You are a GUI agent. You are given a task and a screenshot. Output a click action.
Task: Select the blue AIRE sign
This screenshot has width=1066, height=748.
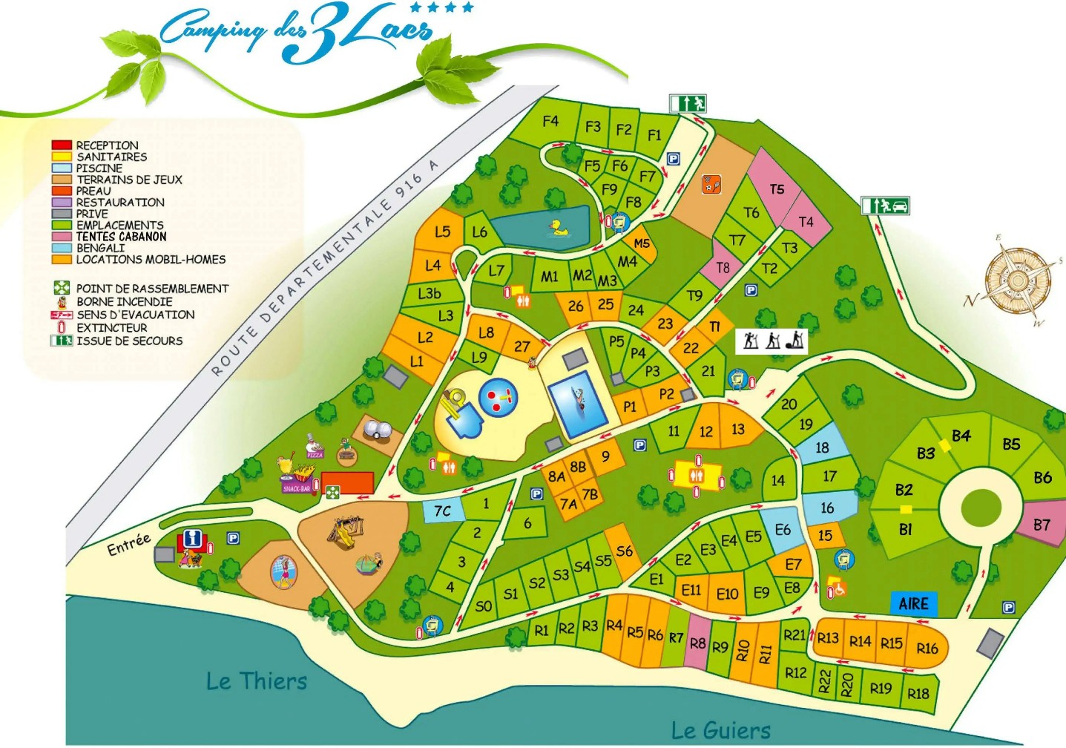tap(913, 603)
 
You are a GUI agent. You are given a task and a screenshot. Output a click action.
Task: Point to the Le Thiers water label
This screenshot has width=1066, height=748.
tap(256, 680)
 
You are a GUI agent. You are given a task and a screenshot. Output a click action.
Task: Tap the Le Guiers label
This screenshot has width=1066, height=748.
tap(720, 730)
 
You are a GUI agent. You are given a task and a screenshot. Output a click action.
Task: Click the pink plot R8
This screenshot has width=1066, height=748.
tap(697, 643)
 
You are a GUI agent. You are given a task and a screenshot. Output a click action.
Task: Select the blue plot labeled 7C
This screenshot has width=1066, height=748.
tap(442, 511)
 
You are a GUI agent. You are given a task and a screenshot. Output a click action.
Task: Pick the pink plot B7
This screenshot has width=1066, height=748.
tap(1042, 525)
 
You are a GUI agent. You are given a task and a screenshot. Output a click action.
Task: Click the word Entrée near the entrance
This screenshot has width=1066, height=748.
tap(128, 544)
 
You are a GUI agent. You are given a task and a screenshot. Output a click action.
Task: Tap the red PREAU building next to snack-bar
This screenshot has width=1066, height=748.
tap(347, 482)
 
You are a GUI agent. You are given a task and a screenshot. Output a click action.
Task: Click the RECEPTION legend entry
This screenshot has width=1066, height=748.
tap(107, 145)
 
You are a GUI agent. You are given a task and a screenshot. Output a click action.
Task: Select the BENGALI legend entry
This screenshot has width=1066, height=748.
tap(100, 248)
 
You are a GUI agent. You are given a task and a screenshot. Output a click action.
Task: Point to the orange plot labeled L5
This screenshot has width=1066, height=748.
tap(442, 232)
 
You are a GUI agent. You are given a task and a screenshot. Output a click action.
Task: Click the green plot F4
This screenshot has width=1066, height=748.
tap(550, 121)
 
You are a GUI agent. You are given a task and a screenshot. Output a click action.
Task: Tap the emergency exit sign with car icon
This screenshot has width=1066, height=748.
tap(885, 205)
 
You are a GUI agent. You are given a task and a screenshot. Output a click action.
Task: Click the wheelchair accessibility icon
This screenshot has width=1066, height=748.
tap(839, 588)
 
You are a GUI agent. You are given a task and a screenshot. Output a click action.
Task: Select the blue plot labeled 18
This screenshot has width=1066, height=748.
tap(822, 447)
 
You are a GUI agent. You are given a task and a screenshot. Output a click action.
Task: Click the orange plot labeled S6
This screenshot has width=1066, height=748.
tap(625, 551)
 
